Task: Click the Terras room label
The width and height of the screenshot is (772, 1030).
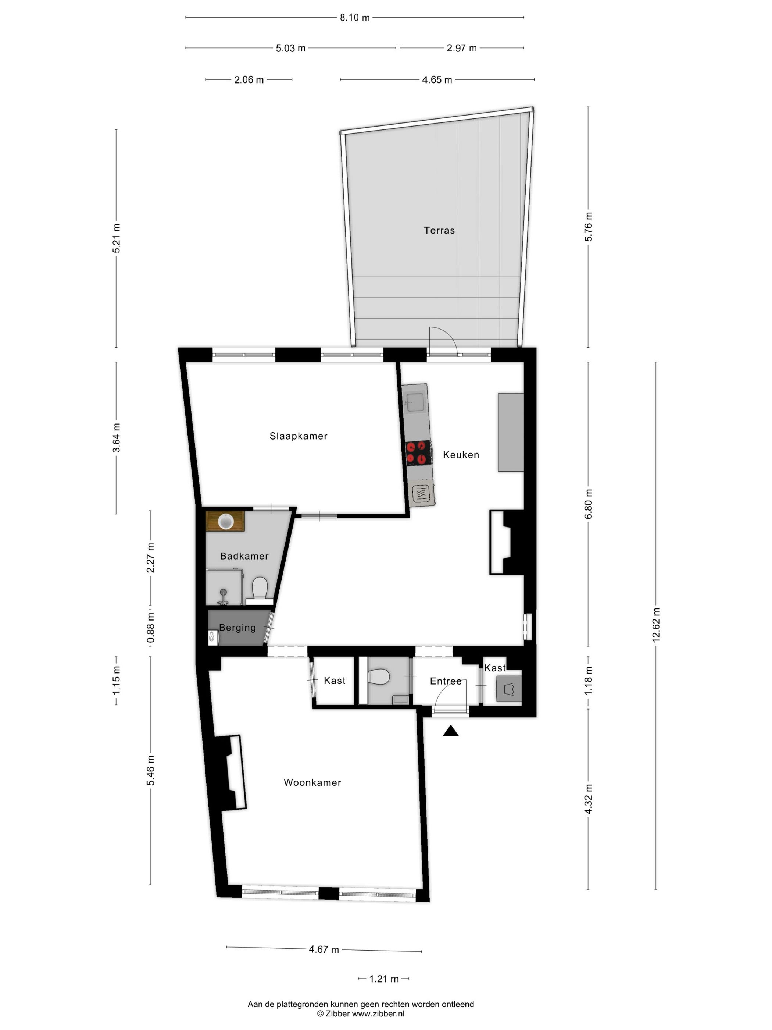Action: pyautogui.click(x=439, y=230)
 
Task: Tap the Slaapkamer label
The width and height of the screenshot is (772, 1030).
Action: pyautogui.click(x=298, y=436)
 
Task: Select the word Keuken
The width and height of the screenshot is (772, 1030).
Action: pyautogui.click(x=461, y=454)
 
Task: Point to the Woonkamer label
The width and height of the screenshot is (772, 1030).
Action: pyautogui.click(x=312, y=782)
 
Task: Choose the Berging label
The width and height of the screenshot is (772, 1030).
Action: pyautogui.click(x=237, y=628)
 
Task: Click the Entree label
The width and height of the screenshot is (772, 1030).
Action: pyautogui.click(x=445, y=681)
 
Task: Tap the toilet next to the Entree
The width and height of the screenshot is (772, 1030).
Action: pyautogui.click(x=378, y=676)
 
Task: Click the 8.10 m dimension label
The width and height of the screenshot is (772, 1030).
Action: pyautogui.click(x=355, y=18)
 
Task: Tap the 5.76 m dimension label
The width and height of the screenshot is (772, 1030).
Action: pyautogui.click(x=588, y=226)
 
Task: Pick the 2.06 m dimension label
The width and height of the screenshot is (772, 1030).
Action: pyautogui.click(x=249, y=79)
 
